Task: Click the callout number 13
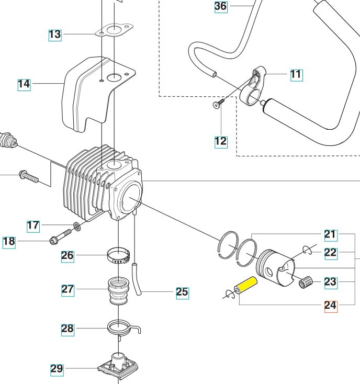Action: [55, 35]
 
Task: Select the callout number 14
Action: [24, 84]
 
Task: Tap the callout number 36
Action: [221, 6]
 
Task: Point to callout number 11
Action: [296, 74]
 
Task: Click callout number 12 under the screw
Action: [221, 141]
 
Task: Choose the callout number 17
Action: [33, 225]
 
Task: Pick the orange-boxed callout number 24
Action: [331, 306]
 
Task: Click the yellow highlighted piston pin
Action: [246, 286]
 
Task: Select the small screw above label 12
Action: [217, 105]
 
